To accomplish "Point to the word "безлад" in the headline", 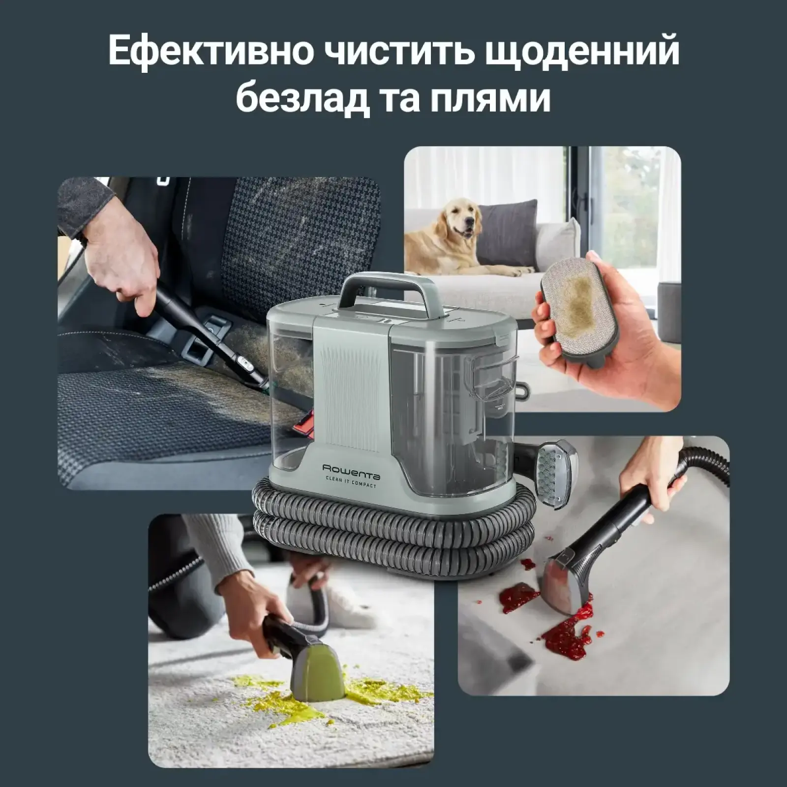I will click(x=303, y=98).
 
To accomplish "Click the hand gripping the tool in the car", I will click(x=123, y=266).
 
